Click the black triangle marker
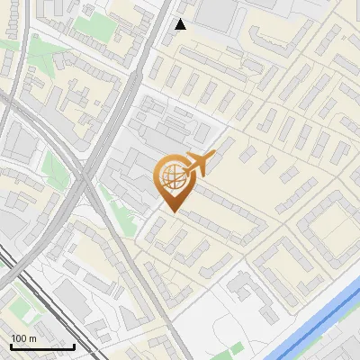coord(180,24)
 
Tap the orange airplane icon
coord(199,164)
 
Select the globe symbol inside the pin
coord(171,178)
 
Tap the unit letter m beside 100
coord(32,338)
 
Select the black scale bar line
coord(41,346)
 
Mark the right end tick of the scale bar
coord(74,345)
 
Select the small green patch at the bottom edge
coord(236,348)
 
